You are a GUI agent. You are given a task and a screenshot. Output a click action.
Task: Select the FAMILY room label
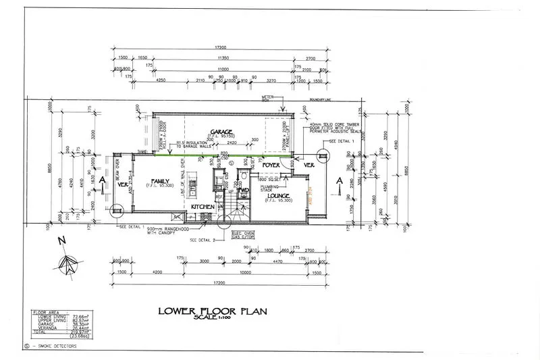tap(160, 182)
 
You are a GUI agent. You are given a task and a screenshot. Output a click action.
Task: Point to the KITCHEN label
tap(202, 207)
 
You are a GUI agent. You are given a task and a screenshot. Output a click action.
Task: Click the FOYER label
tap(271, 164)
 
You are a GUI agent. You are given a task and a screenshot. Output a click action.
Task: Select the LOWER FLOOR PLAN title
tap(213, 311)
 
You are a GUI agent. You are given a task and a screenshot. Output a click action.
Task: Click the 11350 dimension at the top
tap(217, 59)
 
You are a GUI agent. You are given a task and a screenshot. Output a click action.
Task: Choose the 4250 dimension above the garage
tap(161, 80)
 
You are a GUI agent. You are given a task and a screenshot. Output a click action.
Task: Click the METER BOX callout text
tap(269, 99)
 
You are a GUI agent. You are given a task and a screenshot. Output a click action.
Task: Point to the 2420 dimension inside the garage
tap(231, 144)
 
